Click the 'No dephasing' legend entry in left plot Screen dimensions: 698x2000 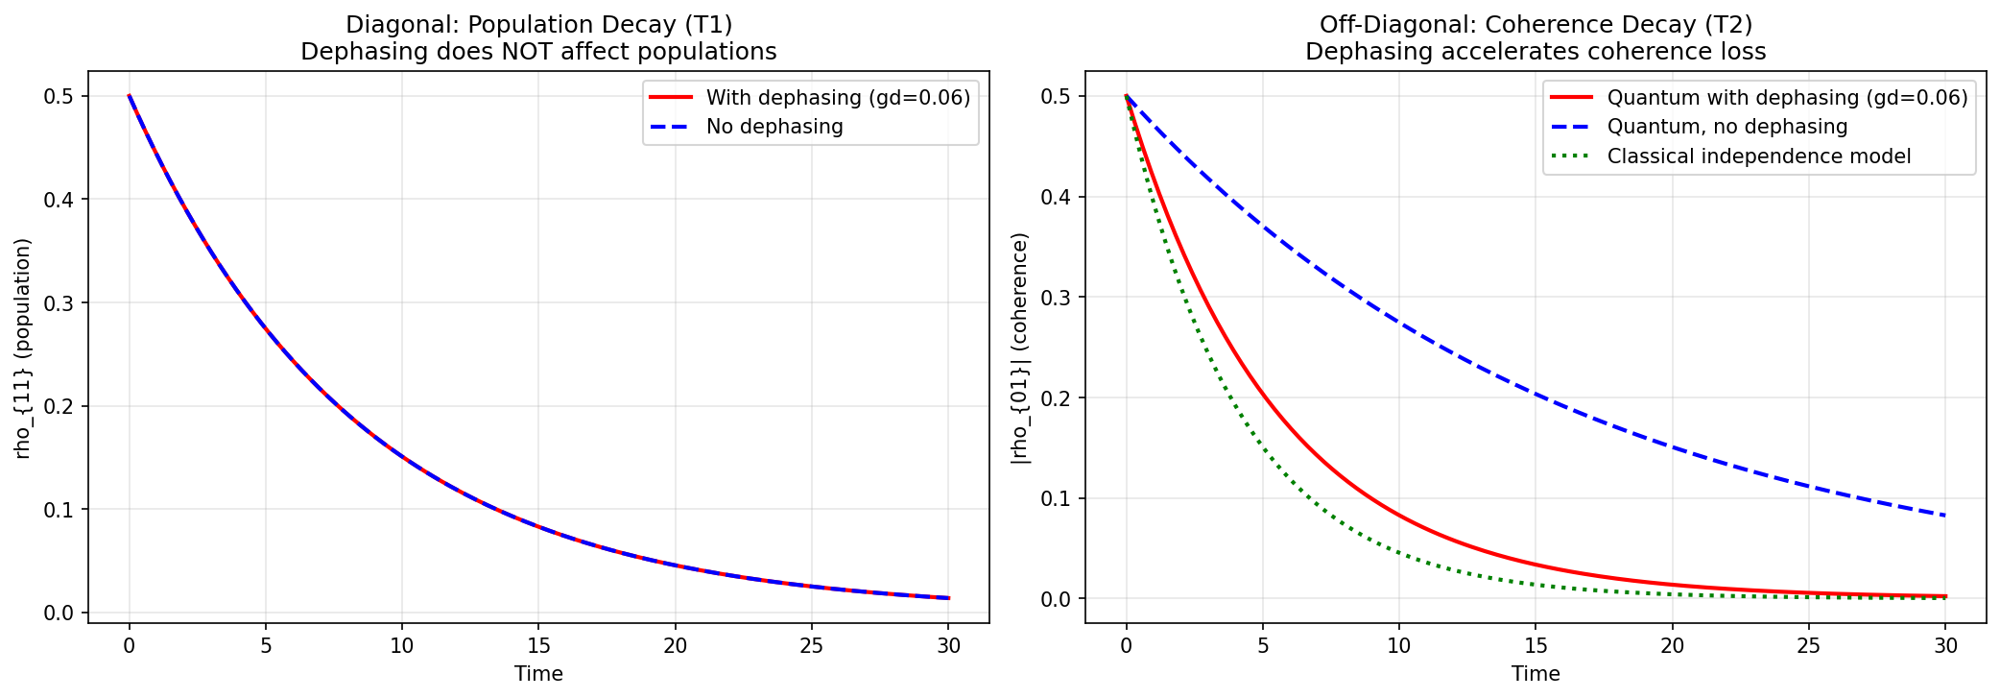coord(774,127)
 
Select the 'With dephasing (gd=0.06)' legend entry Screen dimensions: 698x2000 coord(838,98)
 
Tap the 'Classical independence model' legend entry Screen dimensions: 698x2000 coord(1758,156)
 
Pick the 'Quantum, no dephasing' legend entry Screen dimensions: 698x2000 coord(1726,127)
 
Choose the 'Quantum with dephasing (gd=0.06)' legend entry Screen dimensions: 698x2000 coord(1787,98)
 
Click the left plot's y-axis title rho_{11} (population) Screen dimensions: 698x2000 coord(23,348)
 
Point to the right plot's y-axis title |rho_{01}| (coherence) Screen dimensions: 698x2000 coord(1020,348)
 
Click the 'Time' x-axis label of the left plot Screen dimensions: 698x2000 coord(538,674)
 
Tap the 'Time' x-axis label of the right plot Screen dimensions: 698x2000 coord(1536,674)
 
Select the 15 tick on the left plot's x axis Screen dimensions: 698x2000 coord(538,645)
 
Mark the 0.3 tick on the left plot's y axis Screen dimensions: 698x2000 coord(60,303)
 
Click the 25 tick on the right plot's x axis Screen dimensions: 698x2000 coord(1809,645)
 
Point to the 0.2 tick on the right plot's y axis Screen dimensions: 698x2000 coord(1058,397)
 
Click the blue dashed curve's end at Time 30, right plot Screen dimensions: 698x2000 coord(1945,516)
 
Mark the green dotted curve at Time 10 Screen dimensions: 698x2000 coord(1399,553)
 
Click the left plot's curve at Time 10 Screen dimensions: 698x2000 coord(402,457)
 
